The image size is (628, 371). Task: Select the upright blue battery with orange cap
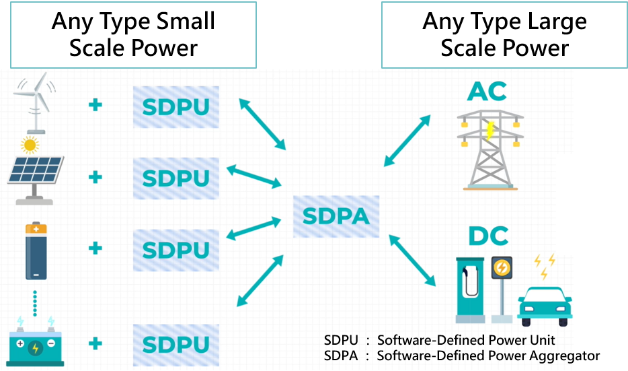[x=36, y=252]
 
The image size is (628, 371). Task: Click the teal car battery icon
[x=34, y=345]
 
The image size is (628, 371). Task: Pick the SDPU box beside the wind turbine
[x=175, y=107]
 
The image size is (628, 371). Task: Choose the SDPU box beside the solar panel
[x=175, y=178]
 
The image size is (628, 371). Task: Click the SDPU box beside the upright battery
[x=175, y=250]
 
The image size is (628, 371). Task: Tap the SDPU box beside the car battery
[x=175, y=344]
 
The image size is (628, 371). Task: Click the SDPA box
[x=336, y=216]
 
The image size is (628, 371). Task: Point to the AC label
[x=487, y=92]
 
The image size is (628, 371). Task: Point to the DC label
[x=488, y=236]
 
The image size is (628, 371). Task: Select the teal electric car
[x=545, y=302]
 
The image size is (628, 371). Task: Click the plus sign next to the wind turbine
[x=95, y=105]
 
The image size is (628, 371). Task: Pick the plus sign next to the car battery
[x=95, y=343]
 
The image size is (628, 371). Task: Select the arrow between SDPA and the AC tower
[x=407, y=140]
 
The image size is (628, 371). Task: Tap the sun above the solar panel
[x=29, y=144]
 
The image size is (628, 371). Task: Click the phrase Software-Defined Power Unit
[x=466, y=340]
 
